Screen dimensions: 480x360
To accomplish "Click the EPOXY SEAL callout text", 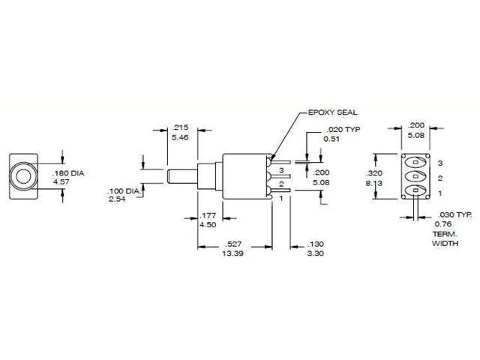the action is pos(333,112).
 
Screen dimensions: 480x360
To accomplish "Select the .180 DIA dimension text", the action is pos(67,173).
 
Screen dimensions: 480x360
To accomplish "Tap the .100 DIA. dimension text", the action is pos(123,191).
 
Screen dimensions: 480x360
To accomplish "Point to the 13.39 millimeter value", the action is pos(232,253).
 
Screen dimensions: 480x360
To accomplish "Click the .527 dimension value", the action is pos(233,244).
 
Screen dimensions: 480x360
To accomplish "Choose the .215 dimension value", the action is pos(180,127).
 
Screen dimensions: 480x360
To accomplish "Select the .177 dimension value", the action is pos(208,215).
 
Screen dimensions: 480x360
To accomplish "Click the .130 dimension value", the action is pos(316,244).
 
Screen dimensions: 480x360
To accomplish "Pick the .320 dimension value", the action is pos(373,173).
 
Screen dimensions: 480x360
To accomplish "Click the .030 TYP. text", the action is pos(455,214).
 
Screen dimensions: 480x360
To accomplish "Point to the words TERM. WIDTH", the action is pos(445,238).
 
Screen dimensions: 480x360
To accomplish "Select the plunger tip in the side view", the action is pos(169,176).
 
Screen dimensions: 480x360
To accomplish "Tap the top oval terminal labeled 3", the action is pos(415,162).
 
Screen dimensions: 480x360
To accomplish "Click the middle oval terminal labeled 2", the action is pos(415,176).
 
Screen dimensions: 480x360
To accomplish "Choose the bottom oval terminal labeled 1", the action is pos(415,190).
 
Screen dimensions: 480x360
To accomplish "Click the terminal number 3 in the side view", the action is pos(281,170).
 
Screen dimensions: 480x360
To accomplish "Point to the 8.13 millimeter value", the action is pos(373,183).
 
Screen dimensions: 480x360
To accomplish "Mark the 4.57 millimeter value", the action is pos(61,181).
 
